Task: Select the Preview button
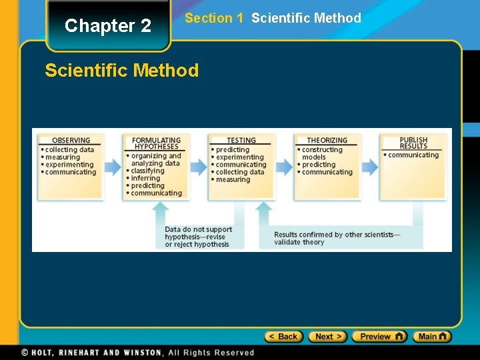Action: [379, 337]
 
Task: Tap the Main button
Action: [432, 337]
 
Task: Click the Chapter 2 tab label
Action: [108, 26]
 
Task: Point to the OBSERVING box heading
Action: [71, 141]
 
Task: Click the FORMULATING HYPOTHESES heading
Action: [156, 143]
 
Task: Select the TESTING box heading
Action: [241, 141]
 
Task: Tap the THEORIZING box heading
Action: [327, 141]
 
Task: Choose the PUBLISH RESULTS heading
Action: [413, 143]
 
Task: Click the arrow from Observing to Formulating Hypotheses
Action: [112, 166]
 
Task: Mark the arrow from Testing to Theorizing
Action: [285, 166]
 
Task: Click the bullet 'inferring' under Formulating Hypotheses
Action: [145, 178]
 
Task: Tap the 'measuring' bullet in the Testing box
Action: [232, 179]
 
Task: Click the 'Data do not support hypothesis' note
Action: [198, 237]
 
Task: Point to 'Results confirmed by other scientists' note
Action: [337, 238]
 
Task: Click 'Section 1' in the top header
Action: [213, 18]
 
